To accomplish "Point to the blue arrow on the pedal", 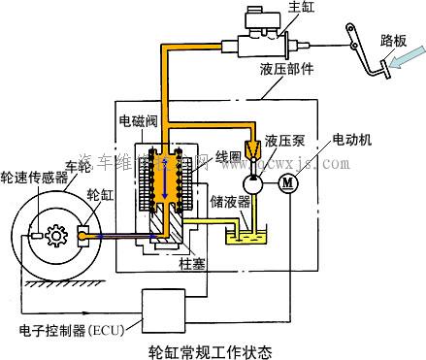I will (x=396, y=63).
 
